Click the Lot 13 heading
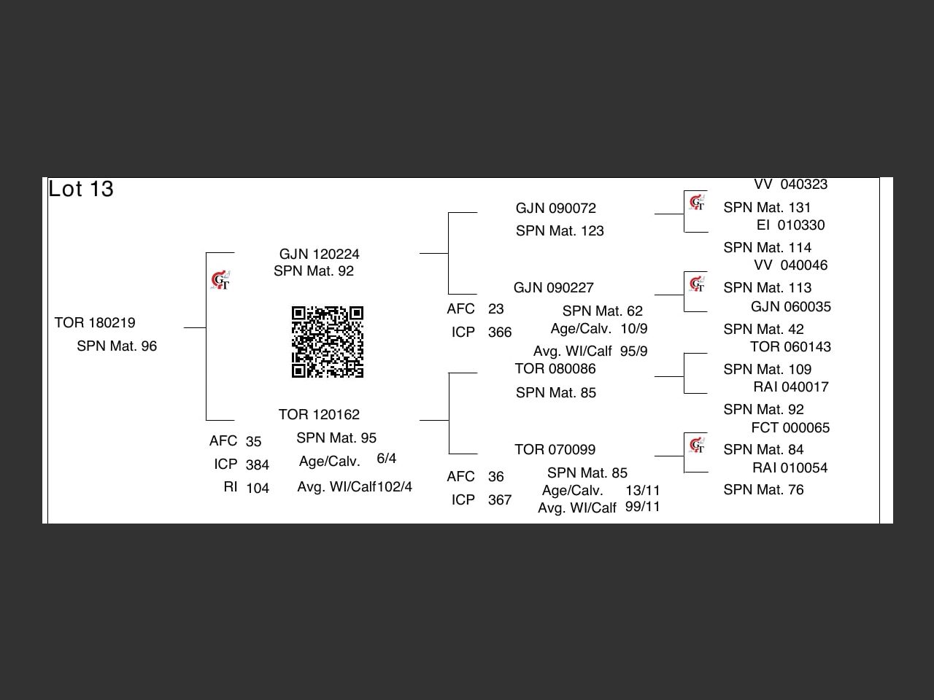81,189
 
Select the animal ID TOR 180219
95,322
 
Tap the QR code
327,342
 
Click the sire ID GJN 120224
319,254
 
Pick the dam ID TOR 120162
319,414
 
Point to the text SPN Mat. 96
117,346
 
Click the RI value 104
258,488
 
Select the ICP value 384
258,465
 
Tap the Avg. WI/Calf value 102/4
395,486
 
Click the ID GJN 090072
556,209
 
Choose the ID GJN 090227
554,288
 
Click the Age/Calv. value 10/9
634,329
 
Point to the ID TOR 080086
555,368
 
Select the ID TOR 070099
555,449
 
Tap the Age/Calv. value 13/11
643,491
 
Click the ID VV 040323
790,184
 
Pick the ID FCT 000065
790,427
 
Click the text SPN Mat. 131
767,207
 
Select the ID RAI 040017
791,386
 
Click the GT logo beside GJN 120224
220,280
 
